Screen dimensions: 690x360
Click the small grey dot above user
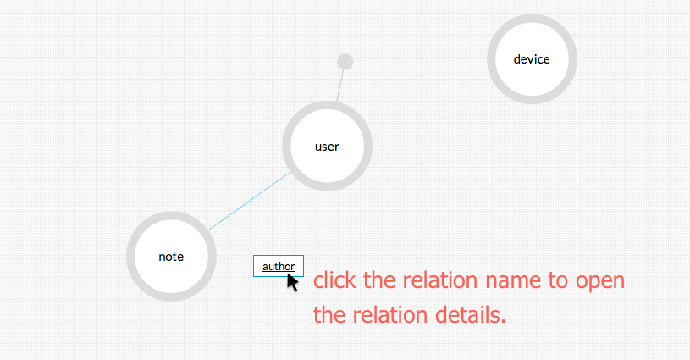[x=345, y=62]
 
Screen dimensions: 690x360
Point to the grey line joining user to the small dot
[x=340, y=85]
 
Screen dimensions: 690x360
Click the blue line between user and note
[x=250, y=202]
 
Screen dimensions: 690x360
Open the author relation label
[x=278, y=266]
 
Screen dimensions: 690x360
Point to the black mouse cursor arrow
[x=292, y=281]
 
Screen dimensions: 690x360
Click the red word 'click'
[x=336, y=280]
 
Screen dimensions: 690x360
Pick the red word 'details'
[x=464, y=315]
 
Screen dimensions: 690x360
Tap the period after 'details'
[x=504, y=322]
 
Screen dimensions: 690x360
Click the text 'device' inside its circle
[x=532, y=59]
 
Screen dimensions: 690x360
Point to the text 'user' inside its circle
[x=327, y=147]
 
